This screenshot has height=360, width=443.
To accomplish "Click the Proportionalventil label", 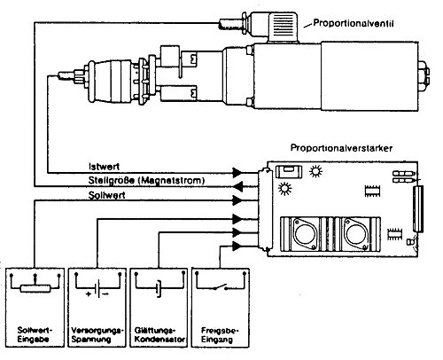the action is click(x=354, y=23).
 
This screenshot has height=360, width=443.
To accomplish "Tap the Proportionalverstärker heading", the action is click(x=341, y=148).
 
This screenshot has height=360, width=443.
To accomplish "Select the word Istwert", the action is click(x=104, y=167).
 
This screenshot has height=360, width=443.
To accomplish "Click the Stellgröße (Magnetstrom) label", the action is click(x=146, y=180).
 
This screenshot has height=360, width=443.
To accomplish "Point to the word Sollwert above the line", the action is click(x=106, y=195).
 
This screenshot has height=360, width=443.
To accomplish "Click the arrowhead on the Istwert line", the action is click(x=237, y=173).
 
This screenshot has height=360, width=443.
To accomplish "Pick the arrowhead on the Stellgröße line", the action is click(x=237, y=186).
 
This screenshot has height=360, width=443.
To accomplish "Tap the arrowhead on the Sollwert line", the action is click(x=237, y=200).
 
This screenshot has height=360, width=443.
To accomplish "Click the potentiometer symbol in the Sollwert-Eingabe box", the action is click(x=35, y=288).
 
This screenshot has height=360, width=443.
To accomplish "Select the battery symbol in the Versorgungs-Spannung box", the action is click(x=97, y=288).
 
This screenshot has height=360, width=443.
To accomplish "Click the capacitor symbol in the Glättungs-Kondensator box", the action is click(x=159, y=288).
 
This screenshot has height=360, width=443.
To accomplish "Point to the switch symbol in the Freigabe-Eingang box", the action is click(x=221, y=287).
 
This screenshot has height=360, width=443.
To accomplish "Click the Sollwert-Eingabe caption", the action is click(x=35, y=334).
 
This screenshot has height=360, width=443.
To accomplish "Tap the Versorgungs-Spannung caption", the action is click(x=97, y=334).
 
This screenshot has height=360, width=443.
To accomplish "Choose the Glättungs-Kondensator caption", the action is click(x=159, y=334).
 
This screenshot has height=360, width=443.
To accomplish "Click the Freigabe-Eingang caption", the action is click(x=220, y=334).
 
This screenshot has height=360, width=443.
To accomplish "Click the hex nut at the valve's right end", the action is click(x=424, y=73).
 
